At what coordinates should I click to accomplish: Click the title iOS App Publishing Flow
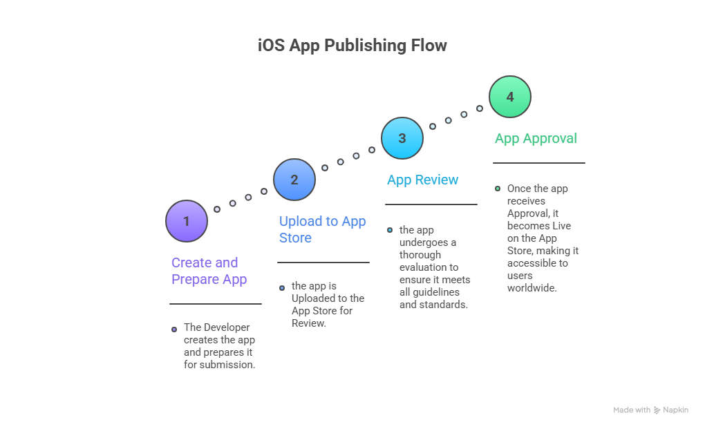pos(352,46)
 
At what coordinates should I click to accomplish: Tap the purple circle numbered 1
pos(187,221)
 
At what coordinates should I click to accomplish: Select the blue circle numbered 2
pos(294,180)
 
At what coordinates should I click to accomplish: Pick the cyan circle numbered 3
pos(402,138)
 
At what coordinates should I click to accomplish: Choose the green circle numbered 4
pos(510,97)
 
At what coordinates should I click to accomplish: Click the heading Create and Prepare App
pos(209,271)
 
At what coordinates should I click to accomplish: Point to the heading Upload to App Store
pos(322,229)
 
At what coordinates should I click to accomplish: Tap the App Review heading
pos(422,180)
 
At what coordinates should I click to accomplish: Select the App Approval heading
pos(536,138)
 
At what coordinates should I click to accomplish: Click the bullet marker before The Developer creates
pos(174,330)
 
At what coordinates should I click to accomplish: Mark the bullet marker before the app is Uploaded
pos(282,287)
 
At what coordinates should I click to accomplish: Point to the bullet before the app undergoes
pos(390,230)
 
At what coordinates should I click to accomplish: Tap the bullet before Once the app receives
pos(498,188)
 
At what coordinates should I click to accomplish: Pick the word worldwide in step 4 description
pos(532,288)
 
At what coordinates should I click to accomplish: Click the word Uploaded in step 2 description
pos(314,298)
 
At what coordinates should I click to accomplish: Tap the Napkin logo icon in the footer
pos(657,410)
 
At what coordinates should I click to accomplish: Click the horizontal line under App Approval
pos(539,163)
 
